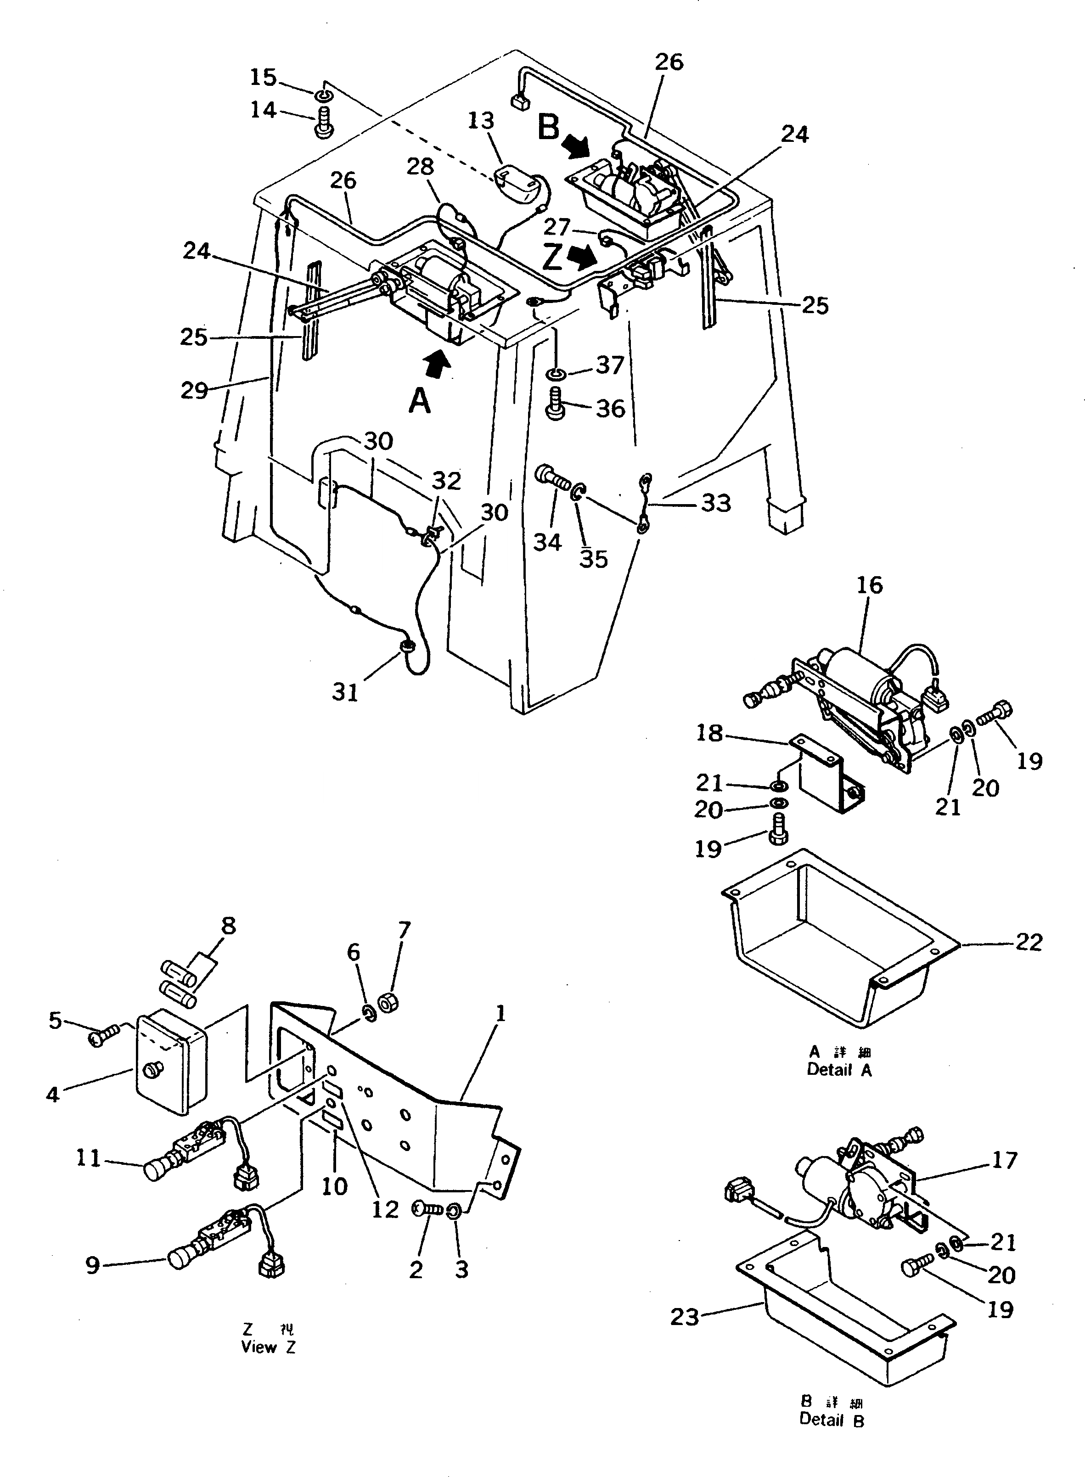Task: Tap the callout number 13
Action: (x=481, y=121)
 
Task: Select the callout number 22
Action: (x=1029, y=943)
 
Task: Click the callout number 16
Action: (x=870, y=585)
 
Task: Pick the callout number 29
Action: (x=194, y=390)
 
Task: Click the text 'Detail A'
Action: (x=839, y=1070)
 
